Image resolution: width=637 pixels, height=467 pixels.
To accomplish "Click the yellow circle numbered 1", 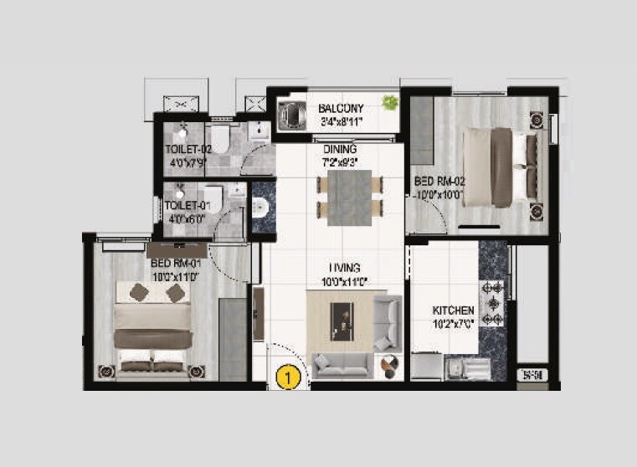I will tap(288, 377).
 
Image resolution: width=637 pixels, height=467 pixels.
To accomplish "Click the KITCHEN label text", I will tap(452, 310).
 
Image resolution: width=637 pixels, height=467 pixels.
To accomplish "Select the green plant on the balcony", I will tap(389, 103).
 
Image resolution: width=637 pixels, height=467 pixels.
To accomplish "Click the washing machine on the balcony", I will tap(290, 113).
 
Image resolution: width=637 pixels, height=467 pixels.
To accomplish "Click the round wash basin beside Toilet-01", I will tap(259, 209).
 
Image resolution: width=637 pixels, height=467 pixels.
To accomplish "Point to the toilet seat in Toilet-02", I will tap(219, 136).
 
